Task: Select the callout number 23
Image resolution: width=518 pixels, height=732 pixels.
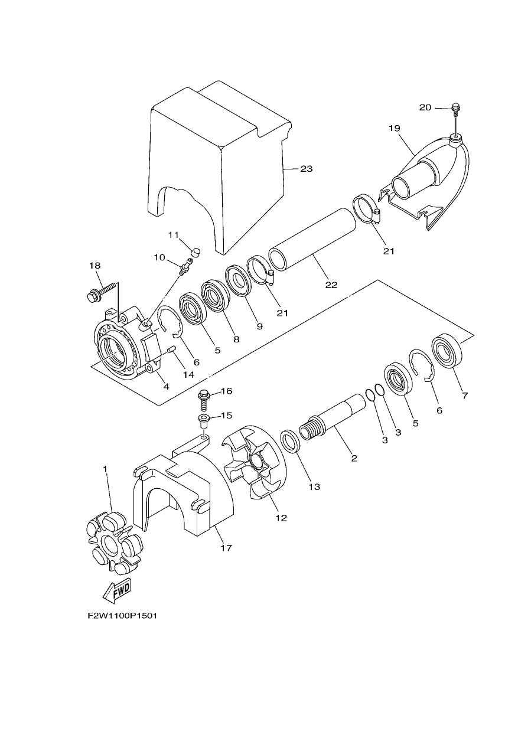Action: point(307,169)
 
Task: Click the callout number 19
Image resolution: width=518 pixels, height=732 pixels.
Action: point(395,128)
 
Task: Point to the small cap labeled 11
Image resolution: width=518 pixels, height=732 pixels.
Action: point(196,253)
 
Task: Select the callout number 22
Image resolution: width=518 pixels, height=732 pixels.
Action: point(331,285)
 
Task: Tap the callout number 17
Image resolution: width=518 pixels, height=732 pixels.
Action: point(226,547)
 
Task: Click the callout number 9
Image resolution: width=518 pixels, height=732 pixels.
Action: point(260,326)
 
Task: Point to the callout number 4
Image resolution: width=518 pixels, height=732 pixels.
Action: point(166,387)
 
